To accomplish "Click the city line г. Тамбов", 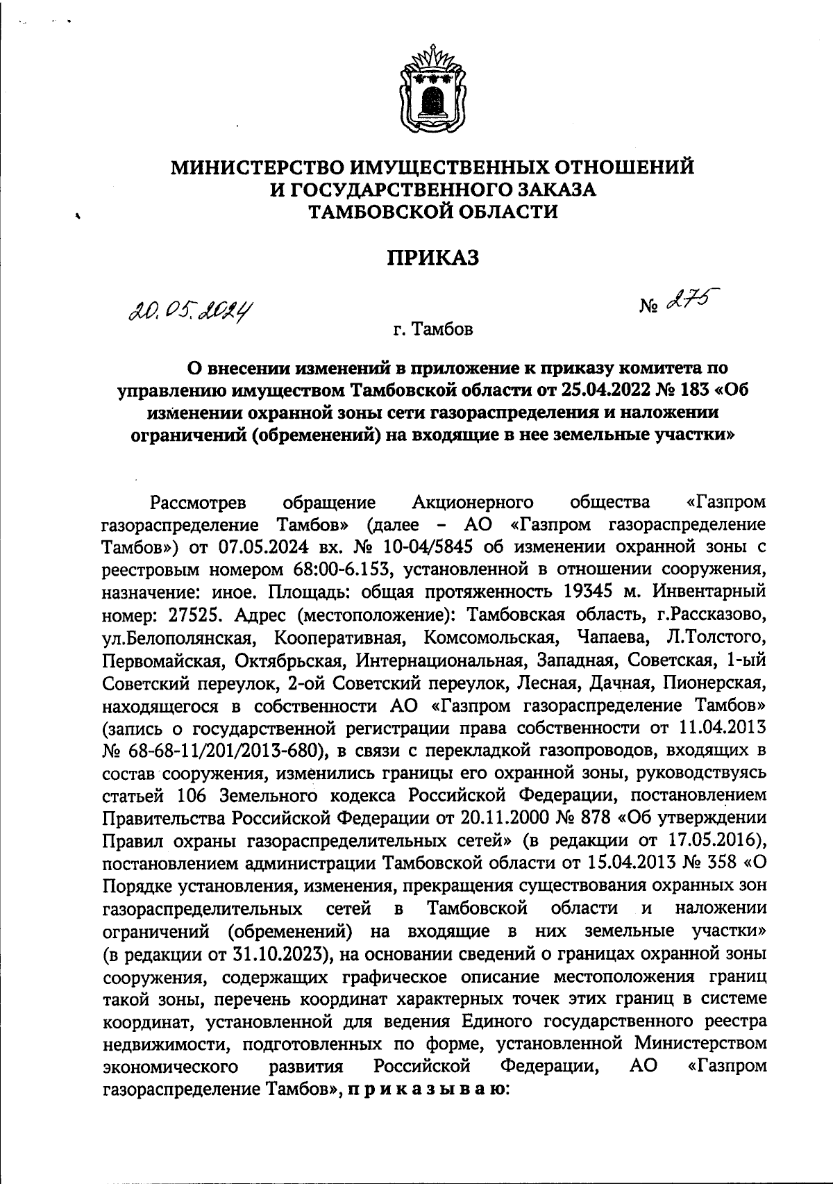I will [432, 328].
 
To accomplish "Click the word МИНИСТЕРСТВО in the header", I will [267, 167].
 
